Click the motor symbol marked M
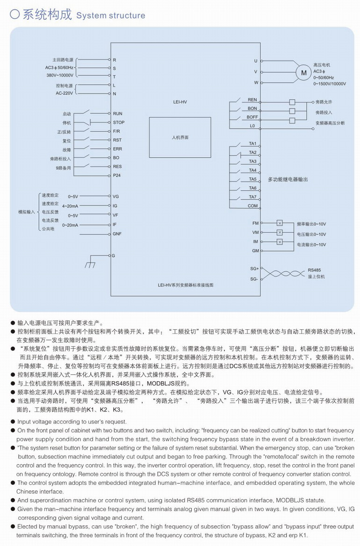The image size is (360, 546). point(303,73)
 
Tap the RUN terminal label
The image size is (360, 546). point(117,114)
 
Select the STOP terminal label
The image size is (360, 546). point(119,123)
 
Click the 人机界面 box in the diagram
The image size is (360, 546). point(180,138)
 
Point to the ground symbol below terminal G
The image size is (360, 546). point(90,264)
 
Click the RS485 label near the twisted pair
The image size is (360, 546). point(314,270)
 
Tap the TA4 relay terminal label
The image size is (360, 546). point(252,170)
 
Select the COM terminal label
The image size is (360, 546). point(252,206)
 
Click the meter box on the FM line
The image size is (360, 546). point(280,223)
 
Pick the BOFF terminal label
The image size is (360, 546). point(252,117)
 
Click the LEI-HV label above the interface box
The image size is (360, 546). point(180,101)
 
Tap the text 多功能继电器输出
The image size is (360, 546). point(288,179)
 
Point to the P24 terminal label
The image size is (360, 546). point(117,175)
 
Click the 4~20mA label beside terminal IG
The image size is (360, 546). point(70,206)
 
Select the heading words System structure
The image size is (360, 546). point(111,16)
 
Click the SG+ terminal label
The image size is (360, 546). point(254,269)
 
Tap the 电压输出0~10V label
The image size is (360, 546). point(311,234)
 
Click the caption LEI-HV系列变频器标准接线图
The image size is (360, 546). point(185,285)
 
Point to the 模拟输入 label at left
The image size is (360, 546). point(27,212)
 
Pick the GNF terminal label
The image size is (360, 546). point(117,233)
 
